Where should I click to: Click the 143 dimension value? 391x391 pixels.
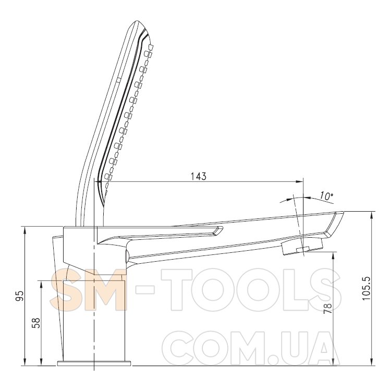click(x=199, y=176)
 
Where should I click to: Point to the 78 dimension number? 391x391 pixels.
click(x=329, y=309)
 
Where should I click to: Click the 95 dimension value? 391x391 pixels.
click(x=20, y=296)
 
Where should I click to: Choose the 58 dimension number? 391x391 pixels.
click(x=36, y=323)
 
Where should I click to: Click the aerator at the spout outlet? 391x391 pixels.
click(x=302, y=247)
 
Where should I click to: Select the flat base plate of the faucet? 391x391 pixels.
click(x=94, y=363)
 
